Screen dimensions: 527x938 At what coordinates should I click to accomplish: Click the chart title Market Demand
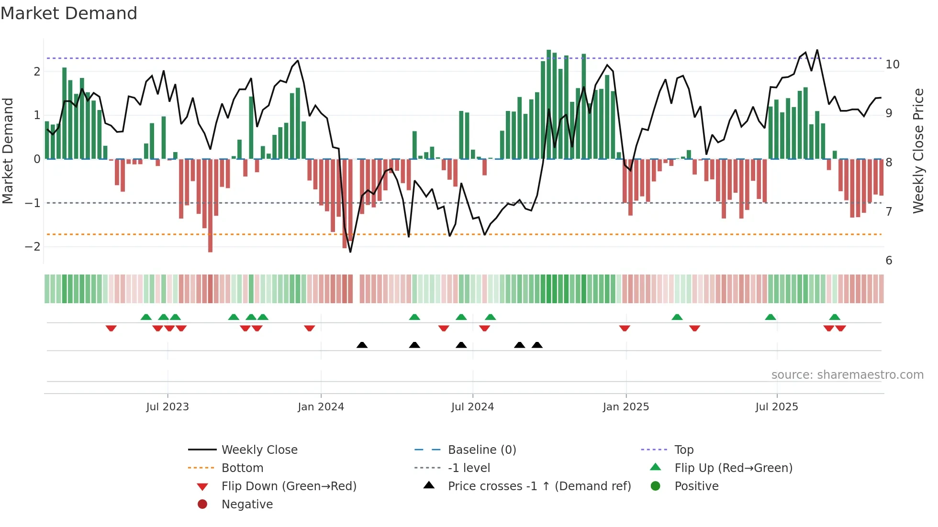coord(69,13)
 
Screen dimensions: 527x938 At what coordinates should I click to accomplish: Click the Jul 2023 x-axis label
coord(167,407)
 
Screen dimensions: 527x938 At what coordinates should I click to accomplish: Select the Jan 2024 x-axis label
coord(321,407)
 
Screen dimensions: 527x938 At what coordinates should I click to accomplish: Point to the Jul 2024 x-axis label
coord(472,407)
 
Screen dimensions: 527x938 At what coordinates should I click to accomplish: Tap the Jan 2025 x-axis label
coord(625,407)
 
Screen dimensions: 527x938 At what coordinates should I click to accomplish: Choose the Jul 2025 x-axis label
coord(777,407)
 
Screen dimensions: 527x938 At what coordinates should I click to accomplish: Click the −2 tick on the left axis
coord(33,247)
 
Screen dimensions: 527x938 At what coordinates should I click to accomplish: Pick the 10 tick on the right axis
coord(892,65)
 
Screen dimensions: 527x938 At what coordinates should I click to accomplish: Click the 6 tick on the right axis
coord(889,261)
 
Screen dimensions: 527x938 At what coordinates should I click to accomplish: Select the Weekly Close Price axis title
coord(918,151)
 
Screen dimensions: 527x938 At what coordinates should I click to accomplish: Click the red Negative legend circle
coord(202,505)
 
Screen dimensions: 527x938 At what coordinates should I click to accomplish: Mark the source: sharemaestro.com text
coord(847,375)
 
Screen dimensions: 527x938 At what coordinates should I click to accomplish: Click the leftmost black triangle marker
coord(362,345)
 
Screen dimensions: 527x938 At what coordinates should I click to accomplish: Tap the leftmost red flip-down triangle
coord(111,328)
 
